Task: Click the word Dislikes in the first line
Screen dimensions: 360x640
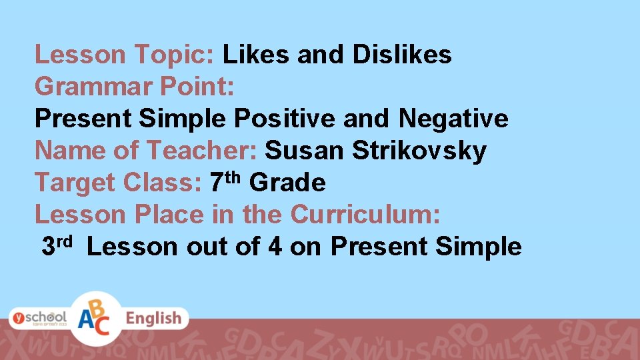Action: click(402, 55)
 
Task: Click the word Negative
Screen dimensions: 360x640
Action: click(453, 119)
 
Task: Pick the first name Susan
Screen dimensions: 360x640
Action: click(304, 151)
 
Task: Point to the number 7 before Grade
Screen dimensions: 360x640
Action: click(215, 182)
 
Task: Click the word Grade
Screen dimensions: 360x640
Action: click(287, 182)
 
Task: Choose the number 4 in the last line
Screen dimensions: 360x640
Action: click(274, 247)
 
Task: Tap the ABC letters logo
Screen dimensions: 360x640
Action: click(97, 318)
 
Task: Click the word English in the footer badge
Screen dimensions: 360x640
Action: click(153, 318)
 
